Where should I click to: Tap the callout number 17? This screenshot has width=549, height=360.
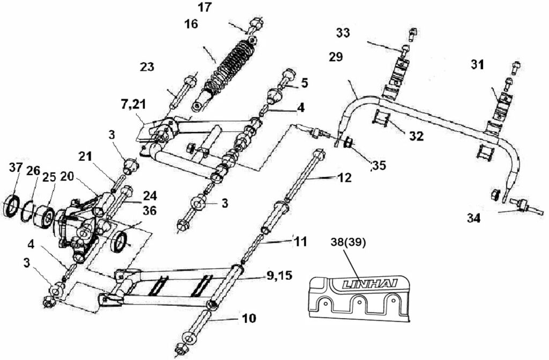point(204,8)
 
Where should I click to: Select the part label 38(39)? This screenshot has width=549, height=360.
point(348,242)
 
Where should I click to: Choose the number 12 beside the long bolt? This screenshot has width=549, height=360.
point(345,178)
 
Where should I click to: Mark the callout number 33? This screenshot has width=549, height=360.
point(343,33)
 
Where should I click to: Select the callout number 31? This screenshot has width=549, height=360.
point(477,65)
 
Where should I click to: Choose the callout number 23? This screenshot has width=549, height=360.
point(147,67)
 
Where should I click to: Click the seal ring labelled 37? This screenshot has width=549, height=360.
point(12,207)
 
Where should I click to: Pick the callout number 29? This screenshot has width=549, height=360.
point(336,57)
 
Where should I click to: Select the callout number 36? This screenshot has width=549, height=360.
point(150,211)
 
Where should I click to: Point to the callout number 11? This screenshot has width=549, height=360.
point(300,242)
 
